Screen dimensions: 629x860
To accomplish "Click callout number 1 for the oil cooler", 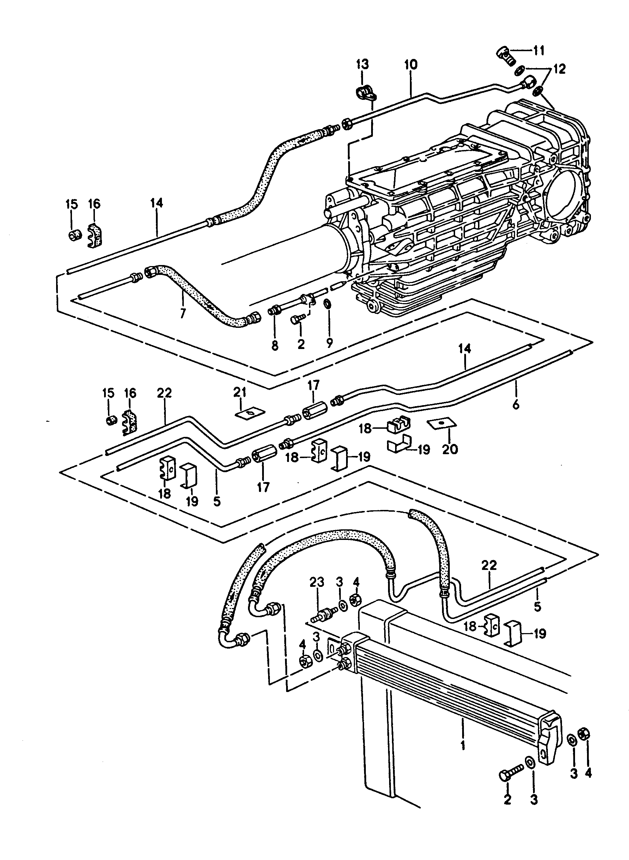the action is (462, 744).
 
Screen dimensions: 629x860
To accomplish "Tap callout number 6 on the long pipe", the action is (515, 404).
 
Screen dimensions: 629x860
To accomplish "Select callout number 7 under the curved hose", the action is (183, 313).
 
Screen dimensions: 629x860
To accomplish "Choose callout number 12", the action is (559, 69).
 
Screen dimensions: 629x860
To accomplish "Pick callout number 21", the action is (240, 392).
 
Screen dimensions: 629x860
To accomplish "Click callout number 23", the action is (317, 582).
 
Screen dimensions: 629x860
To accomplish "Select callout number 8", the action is (274, 345).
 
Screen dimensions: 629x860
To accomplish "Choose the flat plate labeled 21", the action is (249, 412).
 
